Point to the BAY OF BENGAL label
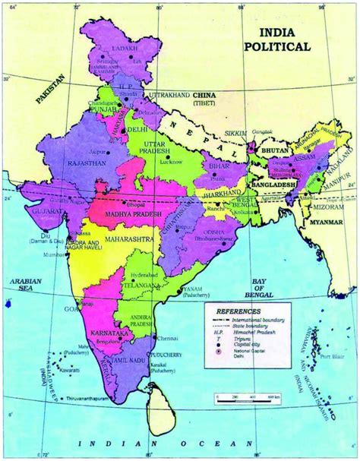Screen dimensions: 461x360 [x=259, y=289]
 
